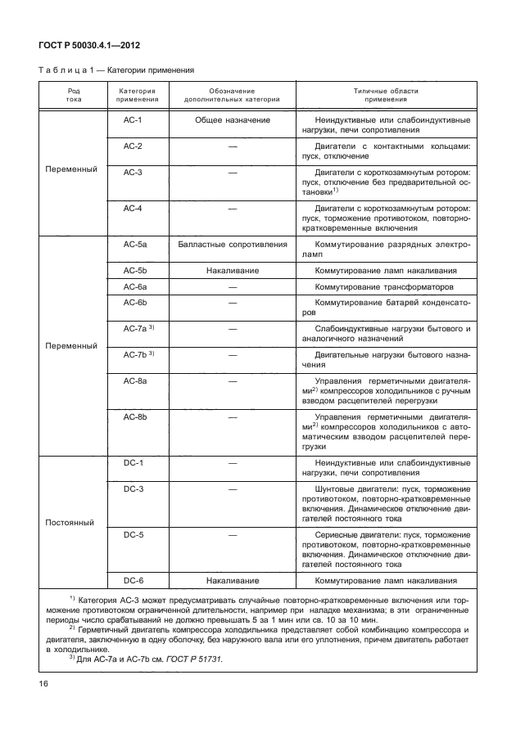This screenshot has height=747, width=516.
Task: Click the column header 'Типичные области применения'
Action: pyautogui.click(x=384, y=95)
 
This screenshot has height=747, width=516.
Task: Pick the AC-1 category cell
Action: pyautogui.click(x=134, y=121)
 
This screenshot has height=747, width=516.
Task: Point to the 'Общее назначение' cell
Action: pyautogui.click(x=233, y=121)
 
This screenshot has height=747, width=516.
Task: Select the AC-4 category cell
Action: pyautogui.click(x=134, y=209)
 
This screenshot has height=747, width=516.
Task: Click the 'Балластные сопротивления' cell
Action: pyautogui.click(x=233, y=244)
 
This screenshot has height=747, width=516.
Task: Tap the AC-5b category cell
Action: pyautogui.click(x=135, y=270)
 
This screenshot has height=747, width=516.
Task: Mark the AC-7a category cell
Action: pyautogui.click(x=138, y=329)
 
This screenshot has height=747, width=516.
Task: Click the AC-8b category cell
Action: pyautogui.click(x=135, y=417)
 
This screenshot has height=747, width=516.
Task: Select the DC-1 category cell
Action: pyautogui.click(x=134, y=463)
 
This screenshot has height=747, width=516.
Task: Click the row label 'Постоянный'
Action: pyautogui.click(x=70, y=521)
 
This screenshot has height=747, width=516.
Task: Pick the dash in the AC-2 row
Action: pyautogui.click(x=233, y=146)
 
